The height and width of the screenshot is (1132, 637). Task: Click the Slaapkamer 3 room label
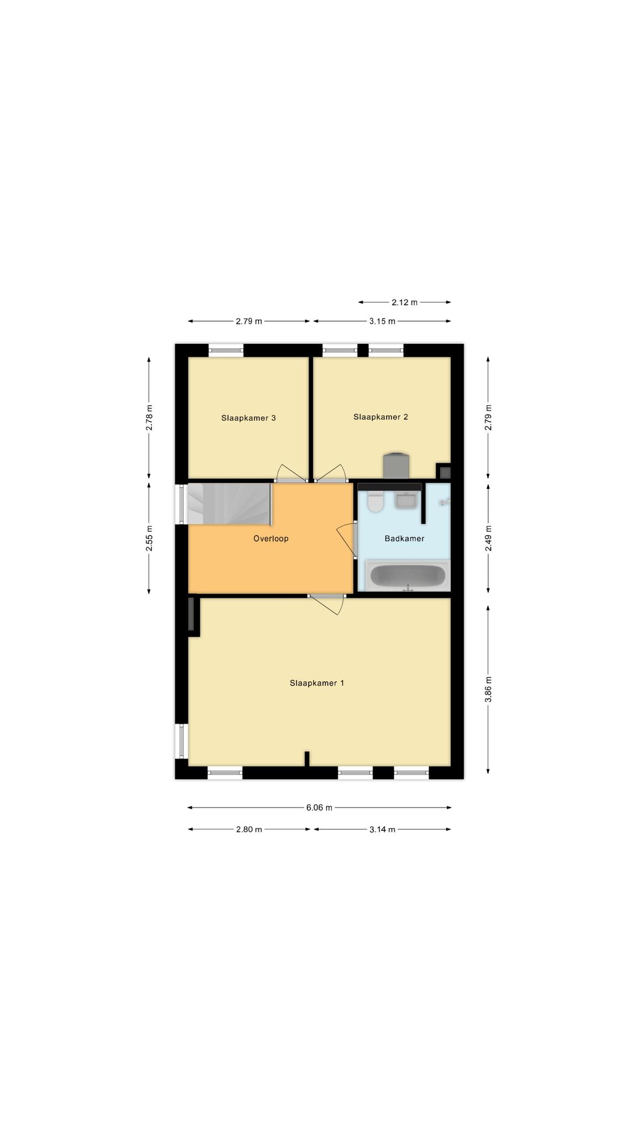point(248,418)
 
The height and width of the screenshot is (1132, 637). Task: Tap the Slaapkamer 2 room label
point(380,417)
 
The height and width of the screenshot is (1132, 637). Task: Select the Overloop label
point(271,538)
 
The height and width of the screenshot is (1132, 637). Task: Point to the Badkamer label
point(404,538)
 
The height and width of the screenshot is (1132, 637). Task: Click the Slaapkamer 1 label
point(317,683)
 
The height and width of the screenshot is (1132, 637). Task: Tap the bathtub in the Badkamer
point(408,576)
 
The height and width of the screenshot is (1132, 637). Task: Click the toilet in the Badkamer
point(376,501)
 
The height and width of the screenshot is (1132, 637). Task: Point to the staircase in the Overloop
point(229,504)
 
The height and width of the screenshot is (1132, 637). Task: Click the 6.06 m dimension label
point(319,808)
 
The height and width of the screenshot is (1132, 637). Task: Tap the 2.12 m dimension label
point(404,302)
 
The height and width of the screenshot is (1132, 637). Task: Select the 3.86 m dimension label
point(488,689)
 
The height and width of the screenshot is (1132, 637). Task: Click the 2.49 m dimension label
point(488,538)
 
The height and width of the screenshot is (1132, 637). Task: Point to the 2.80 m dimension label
point(249,829)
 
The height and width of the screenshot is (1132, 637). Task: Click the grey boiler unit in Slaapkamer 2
point(396,465)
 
